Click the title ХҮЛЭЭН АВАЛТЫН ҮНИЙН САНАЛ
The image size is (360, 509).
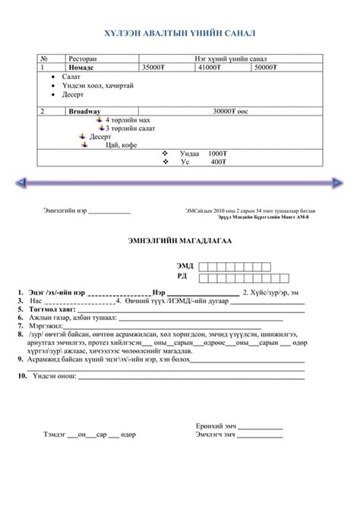coord(179,34)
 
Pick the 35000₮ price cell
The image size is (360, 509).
coord(153,68)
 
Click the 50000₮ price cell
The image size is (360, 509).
coord(265,68)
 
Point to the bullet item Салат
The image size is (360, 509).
coord(71,77)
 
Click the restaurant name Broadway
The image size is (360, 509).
coord(84,111)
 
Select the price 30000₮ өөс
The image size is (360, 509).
coord(231,111)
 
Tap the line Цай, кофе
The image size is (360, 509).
coord(122,144)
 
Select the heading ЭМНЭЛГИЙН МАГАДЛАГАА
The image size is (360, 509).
coord(179,241)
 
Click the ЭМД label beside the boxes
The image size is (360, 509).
coord(185,265)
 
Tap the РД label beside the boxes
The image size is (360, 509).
coord(182,276)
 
